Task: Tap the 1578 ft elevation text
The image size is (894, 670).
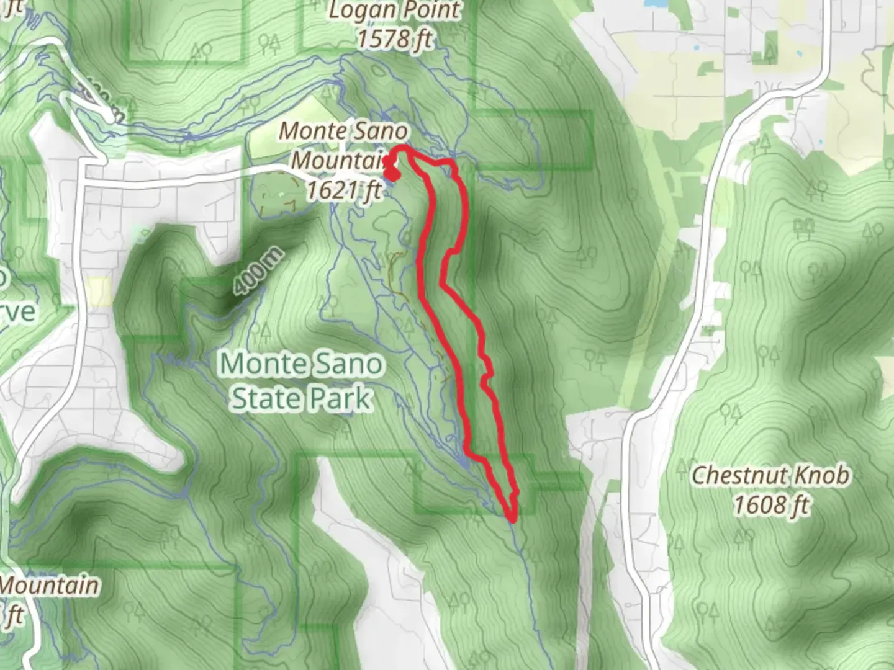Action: [x=394, y=38]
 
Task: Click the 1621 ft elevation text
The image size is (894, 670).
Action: [x=343, y=189]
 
